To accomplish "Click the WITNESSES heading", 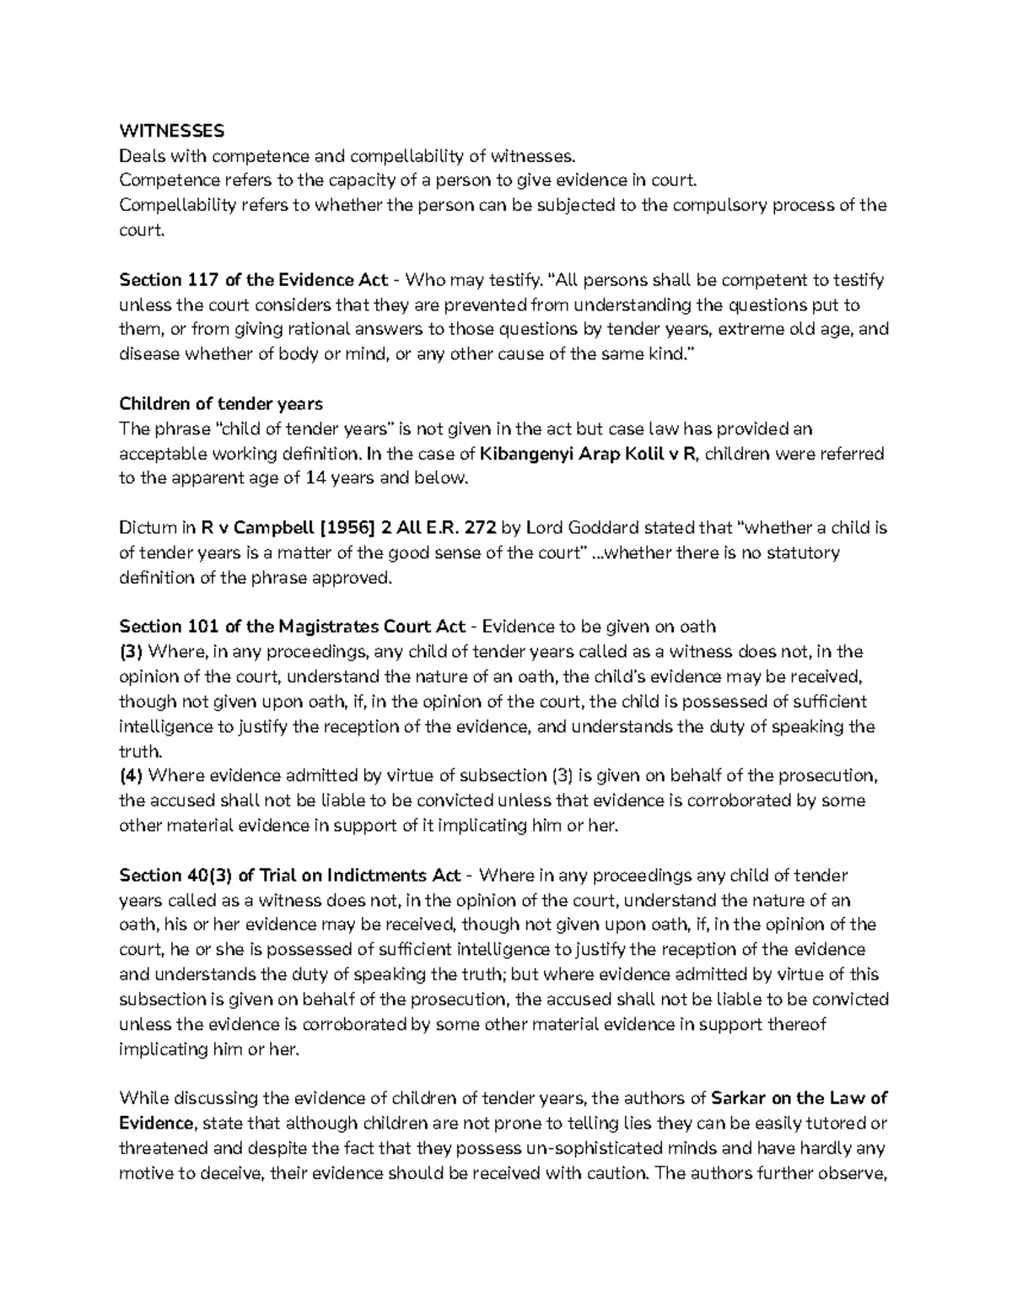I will tap(172, 131).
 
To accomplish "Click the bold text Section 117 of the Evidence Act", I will tap(254, 280).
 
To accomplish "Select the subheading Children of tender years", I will tap(221, 404).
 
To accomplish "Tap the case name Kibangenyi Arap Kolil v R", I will tap(588, 454).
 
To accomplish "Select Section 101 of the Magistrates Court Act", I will tap(293, 627).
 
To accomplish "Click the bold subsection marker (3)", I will tap(132, 652).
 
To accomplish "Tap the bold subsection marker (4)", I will tap(132, 776).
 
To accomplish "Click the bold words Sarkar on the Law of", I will tap(799, 1098).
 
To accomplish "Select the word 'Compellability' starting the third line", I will tap(172, 206).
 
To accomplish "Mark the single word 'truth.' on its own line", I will tap(140, 751).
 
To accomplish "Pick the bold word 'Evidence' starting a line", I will tap(157, 1124).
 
